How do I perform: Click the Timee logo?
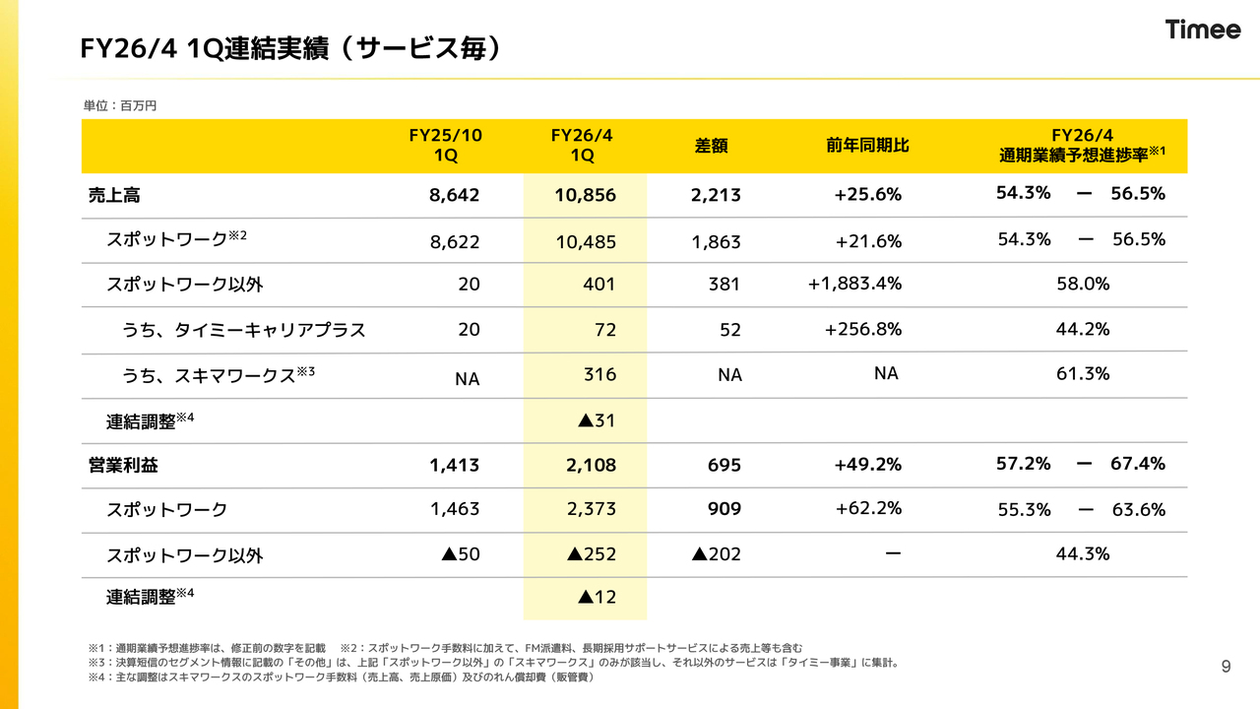click(1203, 30)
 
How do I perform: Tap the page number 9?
click(1226, 667)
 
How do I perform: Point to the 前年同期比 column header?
click(867, 146)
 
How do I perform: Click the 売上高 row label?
click(114, 195)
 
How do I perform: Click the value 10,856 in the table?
click(585, 195)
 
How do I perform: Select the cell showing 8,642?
click(454, 195)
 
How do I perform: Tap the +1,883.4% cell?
click(854, 284)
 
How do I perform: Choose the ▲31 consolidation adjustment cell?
click(597, 420)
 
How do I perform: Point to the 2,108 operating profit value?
click(591, 464)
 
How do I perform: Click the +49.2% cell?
click(867, 464)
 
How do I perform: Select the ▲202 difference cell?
click(717, 554)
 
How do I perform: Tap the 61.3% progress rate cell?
click(1082, 373)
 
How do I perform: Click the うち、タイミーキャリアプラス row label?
click(243, 330)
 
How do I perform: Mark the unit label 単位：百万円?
click(119, 105)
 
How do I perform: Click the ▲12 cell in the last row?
click(597, 597)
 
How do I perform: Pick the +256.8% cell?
click(862, 329)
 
